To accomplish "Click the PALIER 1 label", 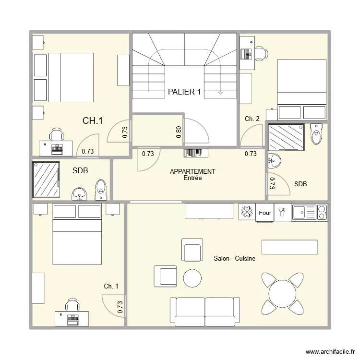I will pos(184,92).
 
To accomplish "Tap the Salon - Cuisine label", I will pos(234,258).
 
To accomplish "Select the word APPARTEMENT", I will pos(192,171).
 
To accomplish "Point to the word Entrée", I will pos(192,178).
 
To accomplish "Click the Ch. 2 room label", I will pos(252,119).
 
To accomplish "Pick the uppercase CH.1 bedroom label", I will pos(93,121).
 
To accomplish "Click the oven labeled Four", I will pos(264,212).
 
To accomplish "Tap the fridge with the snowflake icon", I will pos(247,212).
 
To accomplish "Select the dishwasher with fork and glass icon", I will pos(282,212).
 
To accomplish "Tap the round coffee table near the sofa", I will pos(192,278).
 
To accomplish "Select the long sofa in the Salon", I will pos(205,311).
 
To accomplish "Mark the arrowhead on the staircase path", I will pos(220,93).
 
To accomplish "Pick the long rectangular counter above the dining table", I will pos(289,247).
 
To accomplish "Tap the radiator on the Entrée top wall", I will pos(196,153).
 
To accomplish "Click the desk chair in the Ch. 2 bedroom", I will pos(261,54).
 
